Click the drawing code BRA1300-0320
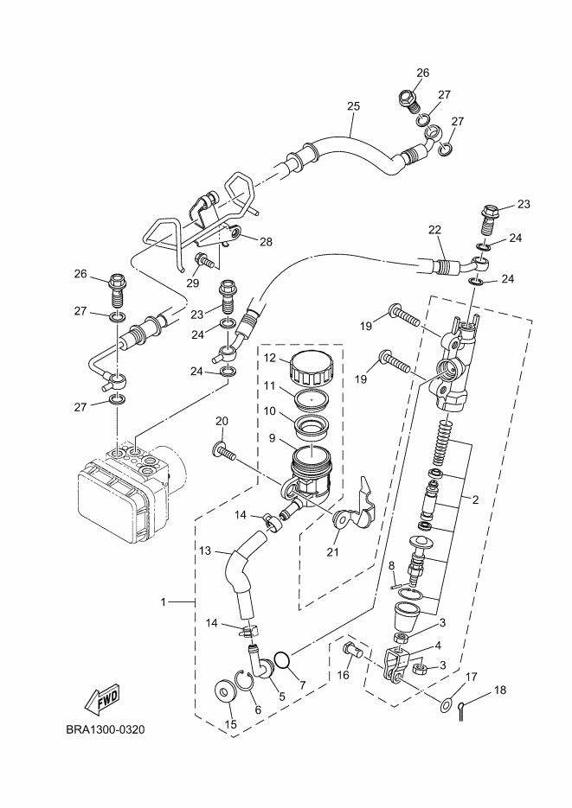(x=106, y=729)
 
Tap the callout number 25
(x=353, y=106)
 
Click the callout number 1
(x=164, y=601)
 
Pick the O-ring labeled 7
(x=281, y=659)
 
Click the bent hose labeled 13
(x=242, y=576)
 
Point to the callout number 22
(x=434, y=230)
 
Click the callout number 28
(x=266, y=242)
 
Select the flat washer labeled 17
(x=447, y=703)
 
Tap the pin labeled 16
(x=351, y=650)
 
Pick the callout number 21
(x=333, y=552)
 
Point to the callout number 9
(x=273, y=438)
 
